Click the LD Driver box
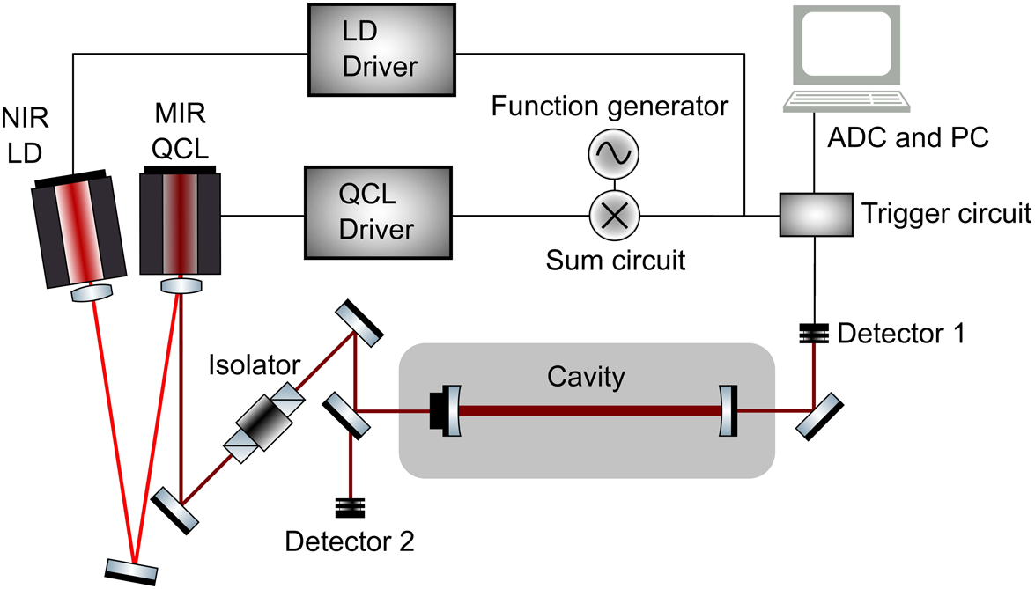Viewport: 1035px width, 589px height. [x=381, y=49]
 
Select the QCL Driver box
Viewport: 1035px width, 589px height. [x=377, y=213]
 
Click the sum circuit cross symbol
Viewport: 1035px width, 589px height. [x=613, y=213]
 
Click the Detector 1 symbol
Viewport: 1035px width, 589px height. [x=813, y=334]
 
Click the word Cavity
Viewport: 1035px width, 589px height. [x=586, y=377]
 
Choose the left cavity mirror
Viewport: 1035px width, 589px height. [x=449, y=410]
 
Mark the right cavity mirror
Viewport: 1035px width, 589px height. [x=728, y=410]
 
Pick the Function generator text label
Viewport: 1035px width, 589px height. [x=610, y=107]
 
